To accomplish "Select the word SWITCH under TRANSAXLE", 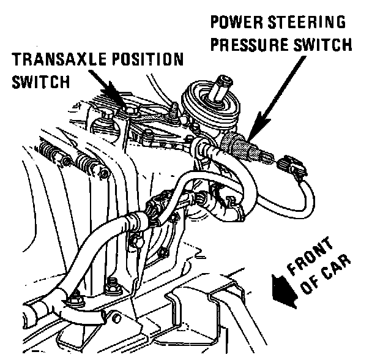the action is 37,81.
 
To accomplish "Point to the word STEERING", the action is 308,24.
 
